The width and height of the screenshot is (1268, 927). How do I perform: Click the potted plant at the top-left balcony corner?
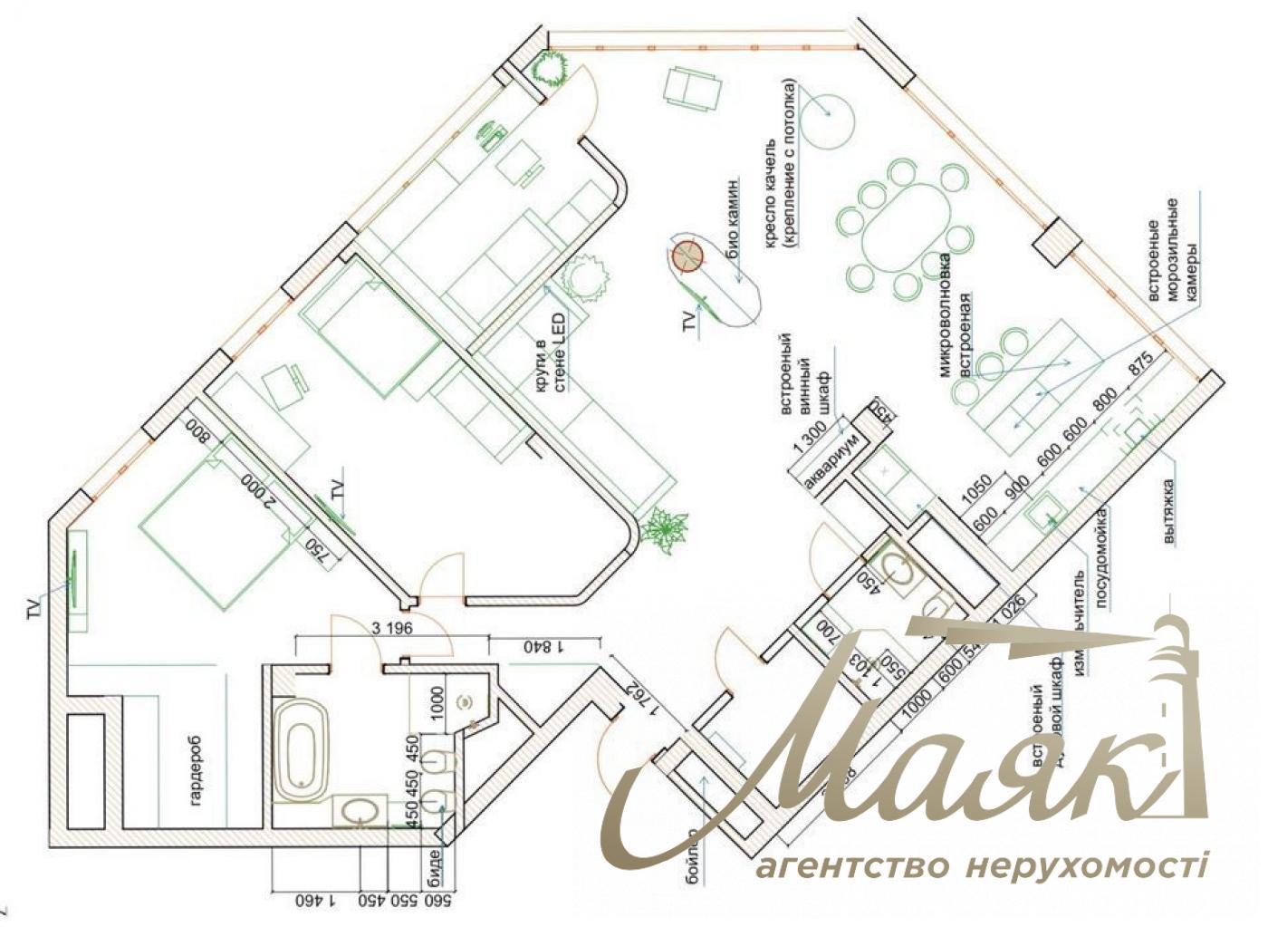coord(550,67)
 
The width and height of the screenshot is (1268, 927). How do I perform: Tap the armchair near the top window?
coord(693,88)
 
